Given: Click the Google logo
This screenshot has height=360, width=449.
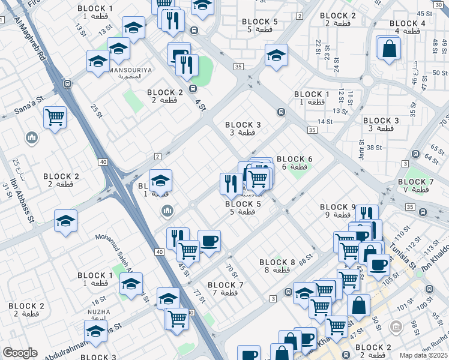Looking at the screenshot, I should (20, 352).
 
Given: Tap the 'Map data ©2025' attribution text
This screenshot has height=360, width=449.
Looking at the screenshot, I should (423, 355).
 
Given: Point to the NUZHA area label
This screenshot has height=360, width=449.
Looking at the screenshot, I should (98, 313).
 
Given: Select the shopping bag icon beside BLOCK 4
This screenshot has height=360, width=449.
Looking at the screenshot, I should (390, 48).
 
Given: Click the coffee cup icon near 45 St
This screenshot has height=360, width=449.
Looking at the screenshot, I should (209, 241).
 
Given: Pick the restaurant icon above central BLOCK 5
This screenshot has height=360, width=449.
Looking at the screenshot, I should (231, 184).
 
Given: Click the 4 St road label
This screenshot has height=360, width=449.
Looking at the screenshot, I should (200, 104).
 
